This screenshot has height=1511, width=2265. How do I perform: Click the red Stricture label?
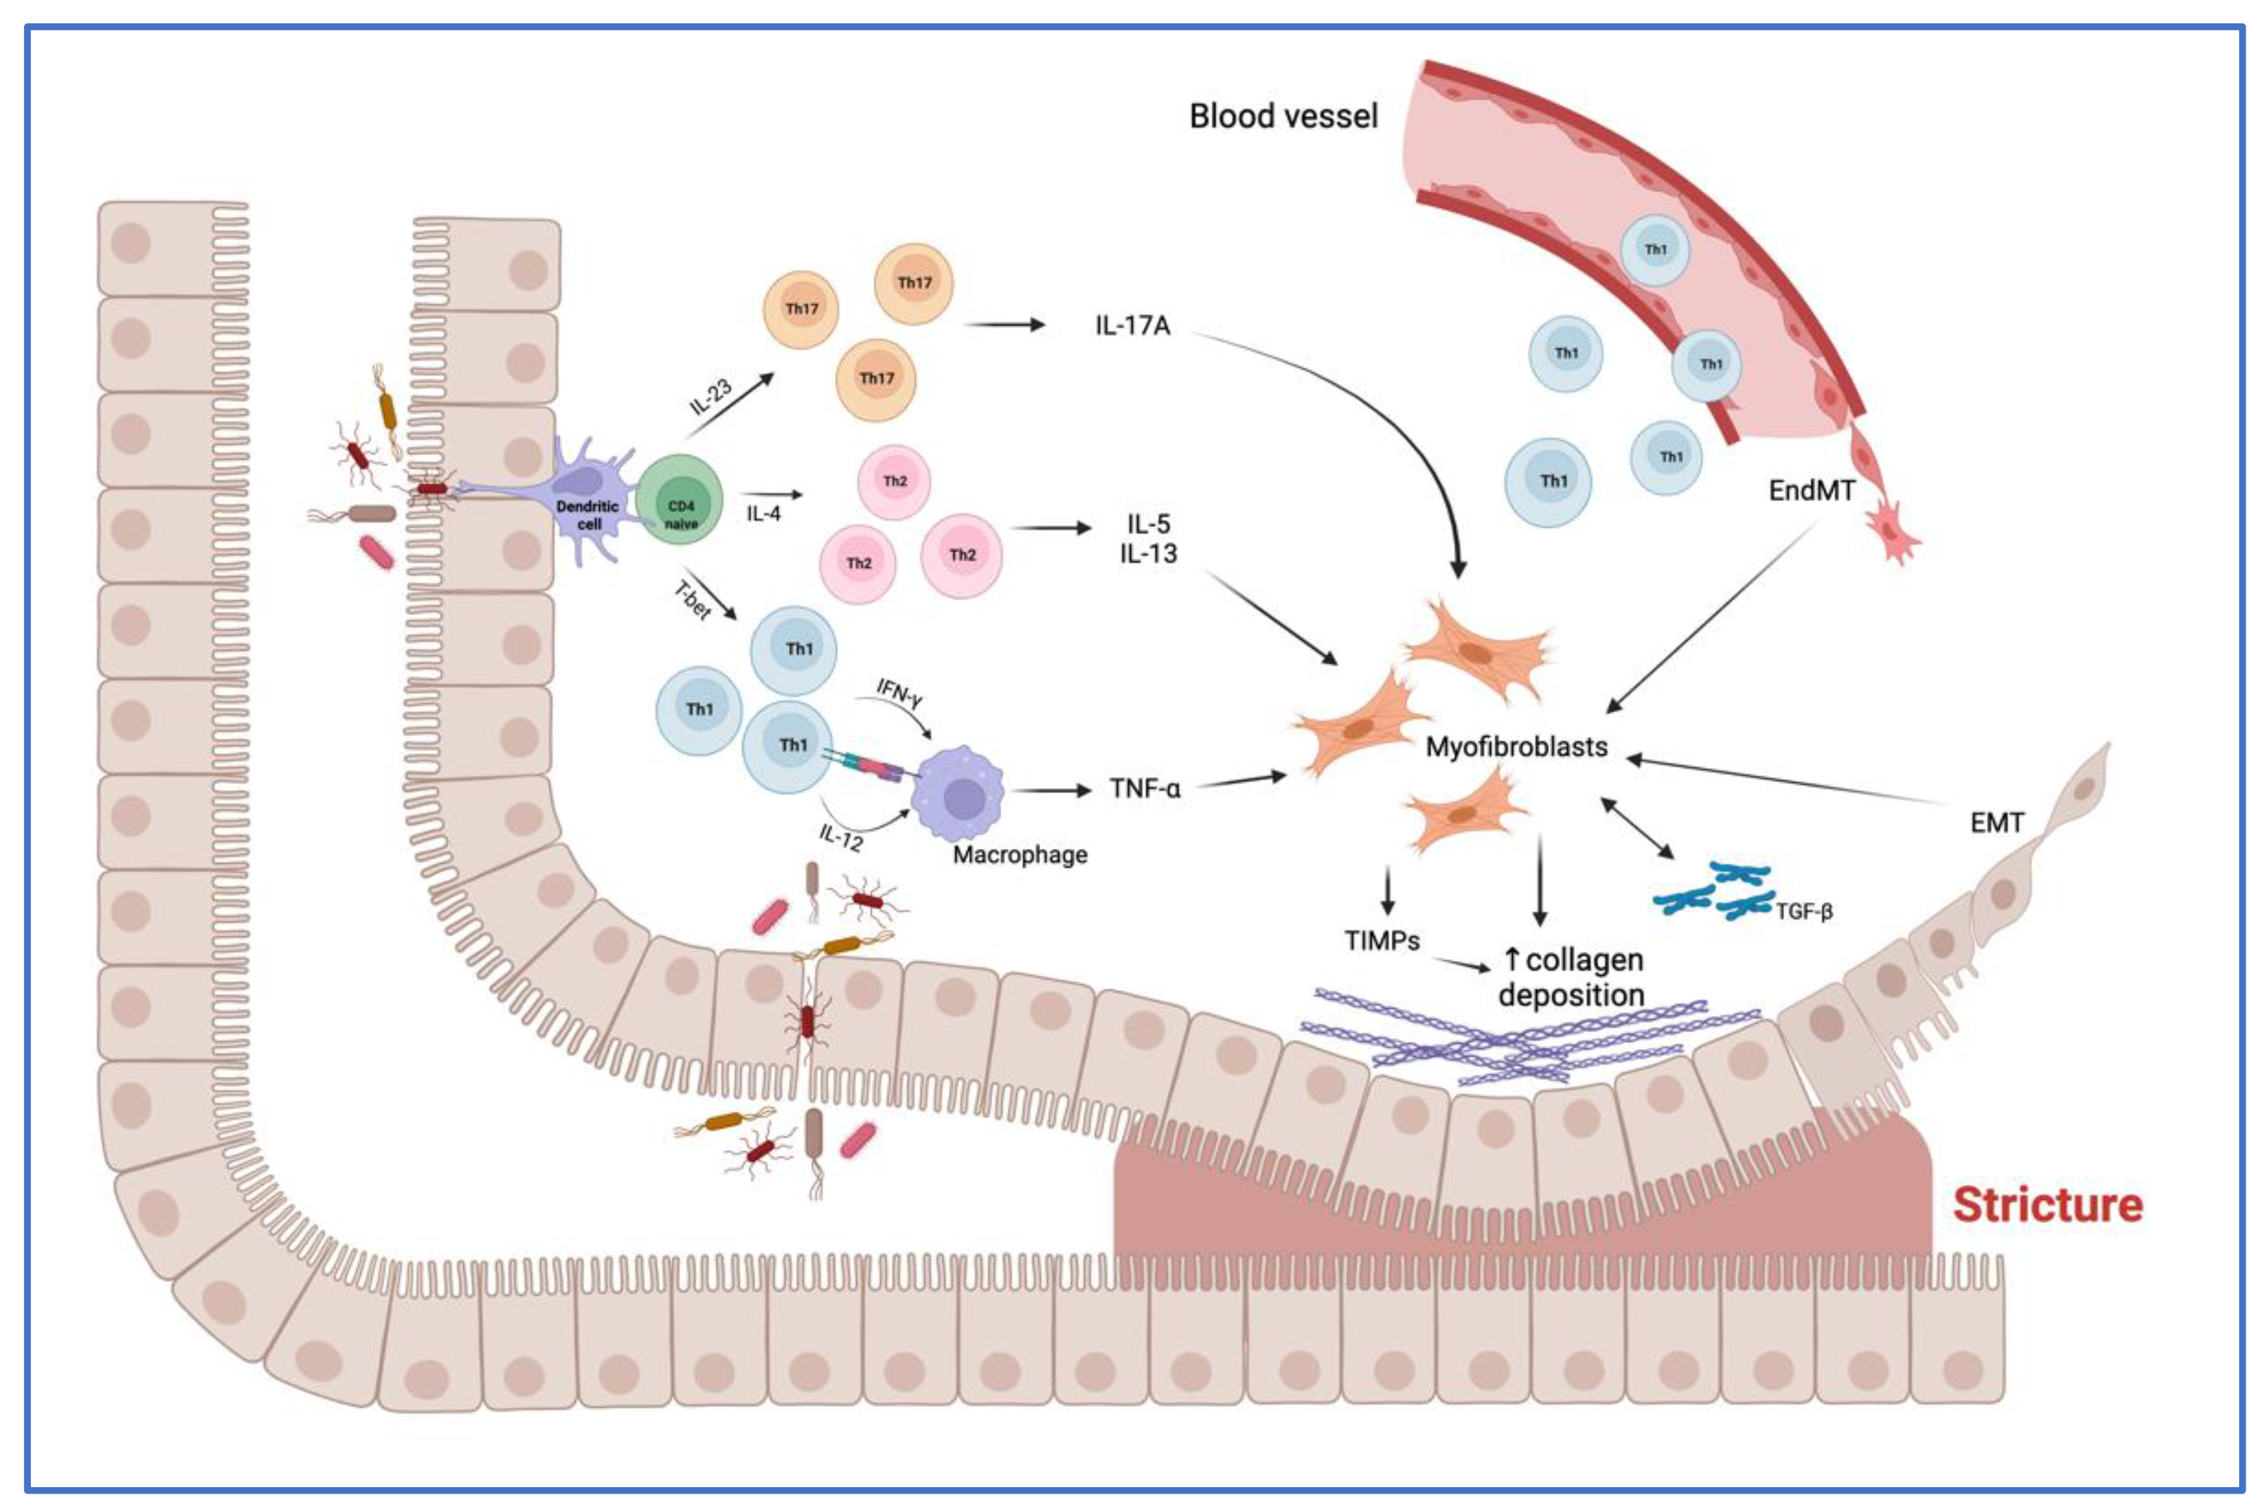pos(2047,1206)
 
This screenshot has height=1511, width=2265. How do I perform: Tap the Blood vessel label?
pos(1283,117)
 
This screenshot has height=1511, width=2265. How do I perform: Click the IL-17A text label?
pos(1132,326)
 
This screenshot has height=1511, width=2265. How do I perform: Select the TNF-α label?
pos(1144,789)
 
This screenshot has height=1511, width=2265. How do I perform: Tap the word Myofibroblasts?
pos(1516,747)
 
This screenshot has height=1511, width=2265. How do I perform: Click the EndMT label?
pos(1811,491)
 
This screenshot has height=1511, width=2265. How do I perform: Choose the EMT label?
pos(1997,823)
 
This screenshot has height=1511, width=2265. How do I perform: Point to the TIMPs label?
pos(1382,940)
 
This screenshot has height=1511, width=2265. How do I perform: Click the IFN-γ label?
pos(898,692)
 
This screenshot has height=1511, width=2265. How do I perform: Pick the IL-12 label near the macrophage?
pos(841,837)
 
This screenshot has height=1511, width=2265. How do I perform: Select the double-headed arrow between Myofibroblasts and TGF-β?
pos(1637,827)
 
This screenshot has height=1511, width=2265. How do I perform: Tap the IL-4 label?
pos(763,514)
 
